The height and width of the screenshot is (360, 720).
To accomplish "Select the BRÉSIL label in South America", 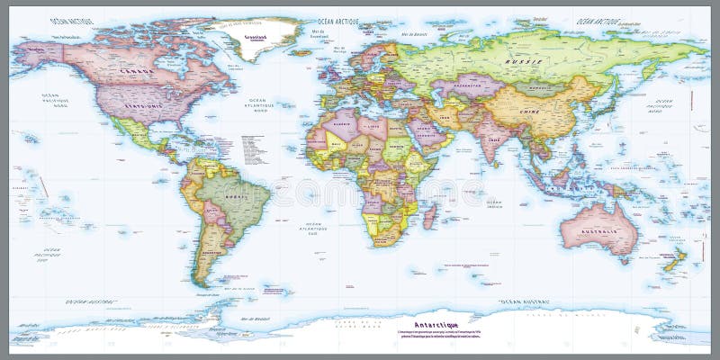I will [x=236, y=195].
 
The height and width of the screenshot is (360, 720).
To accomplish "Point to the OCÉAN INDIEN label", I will [x=494, y=203].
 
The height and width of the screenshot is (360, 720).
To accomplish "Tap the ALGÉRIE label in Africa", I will [x=342, y=125].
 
